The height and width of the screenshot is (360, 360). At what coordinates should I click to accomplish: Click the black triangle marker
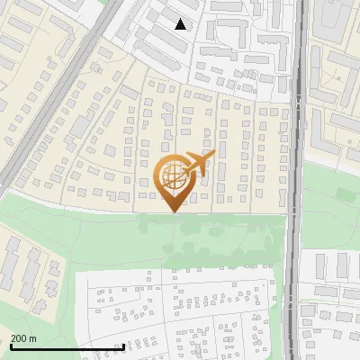pyautogui.click(x=181, y=24)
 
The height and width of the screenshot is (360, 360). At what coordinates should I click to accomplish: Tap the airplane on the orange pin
pyautogui.click(x=200, y=163)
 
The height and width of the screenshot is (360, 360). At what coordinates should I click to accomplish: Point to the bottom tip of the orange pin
pyautogui.click(x=172, y=211)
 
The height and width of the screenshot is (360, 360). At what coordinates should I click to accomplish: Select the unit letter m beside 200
pyautogui.click(x=33, y=338)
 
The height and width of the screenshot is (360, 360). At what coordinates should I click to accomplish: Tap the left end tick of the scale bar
pyautogui.click(x=10, y=346)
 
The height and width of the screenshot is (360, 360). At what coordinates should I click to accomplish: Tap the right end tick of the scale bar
pyautogui.click(x=123, y=346)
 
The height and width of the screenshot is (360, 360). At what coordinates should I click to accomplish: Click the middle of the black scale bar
pyautogui.click(x=67, y=347)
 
